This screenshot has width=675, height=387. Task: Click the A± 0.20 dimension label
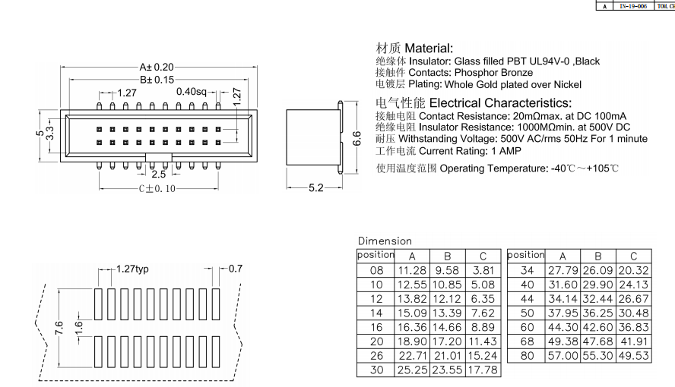[x=157, y=67]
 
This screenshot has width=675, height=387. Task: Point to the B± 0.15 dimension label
[x=157, y=79]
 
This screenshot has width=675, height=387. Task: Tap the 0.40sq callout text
[x=191, y=92]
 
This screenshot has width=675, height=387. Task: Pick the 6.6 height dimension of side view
[x=357, y=139]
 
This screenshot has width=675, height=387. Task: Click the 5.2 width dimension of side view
[x=315, y=187]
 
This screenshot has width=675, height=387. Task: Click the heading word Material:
[x=429, y=48]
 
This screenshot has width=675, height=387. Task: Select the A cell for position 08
[x=412, y=271]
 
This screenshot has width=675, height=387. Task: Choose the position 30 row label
[x=376, y=370]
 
